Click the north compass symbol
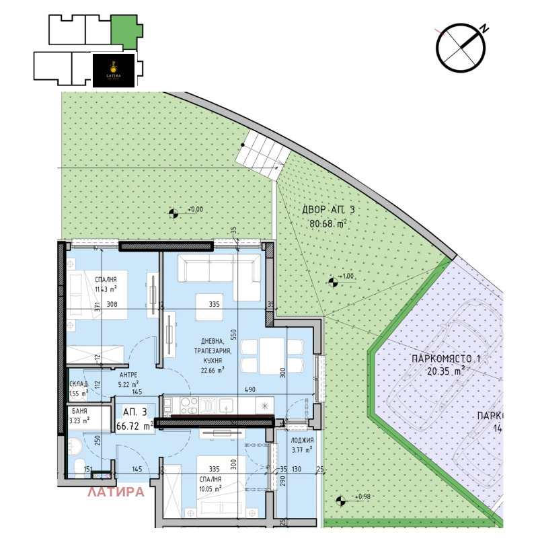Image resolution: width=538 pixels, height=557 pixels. [461, 47]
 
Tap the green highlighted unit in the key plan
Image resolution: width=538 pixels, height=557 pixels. [126, 30]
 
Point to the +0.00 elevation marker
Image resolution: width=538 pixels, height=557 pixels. [174, 213]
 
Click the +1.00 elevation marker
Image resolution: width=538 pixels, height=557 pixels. [332, 283]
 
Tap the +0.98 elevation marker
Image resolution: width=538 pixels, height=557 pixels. [342, 500]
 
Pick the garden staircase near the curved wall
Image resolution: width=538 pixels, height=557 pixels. [262, 154]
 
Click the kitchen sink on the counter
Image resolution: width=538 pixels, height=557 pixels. [226, 406]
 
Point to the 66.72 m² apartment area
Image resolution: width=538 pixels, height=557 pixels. [134, 426]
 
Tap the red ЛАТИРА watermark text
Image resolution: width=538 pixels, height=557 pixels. [116, 492]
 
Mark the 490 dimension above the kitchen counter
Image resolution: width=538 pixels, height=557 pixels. [250, 389]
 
